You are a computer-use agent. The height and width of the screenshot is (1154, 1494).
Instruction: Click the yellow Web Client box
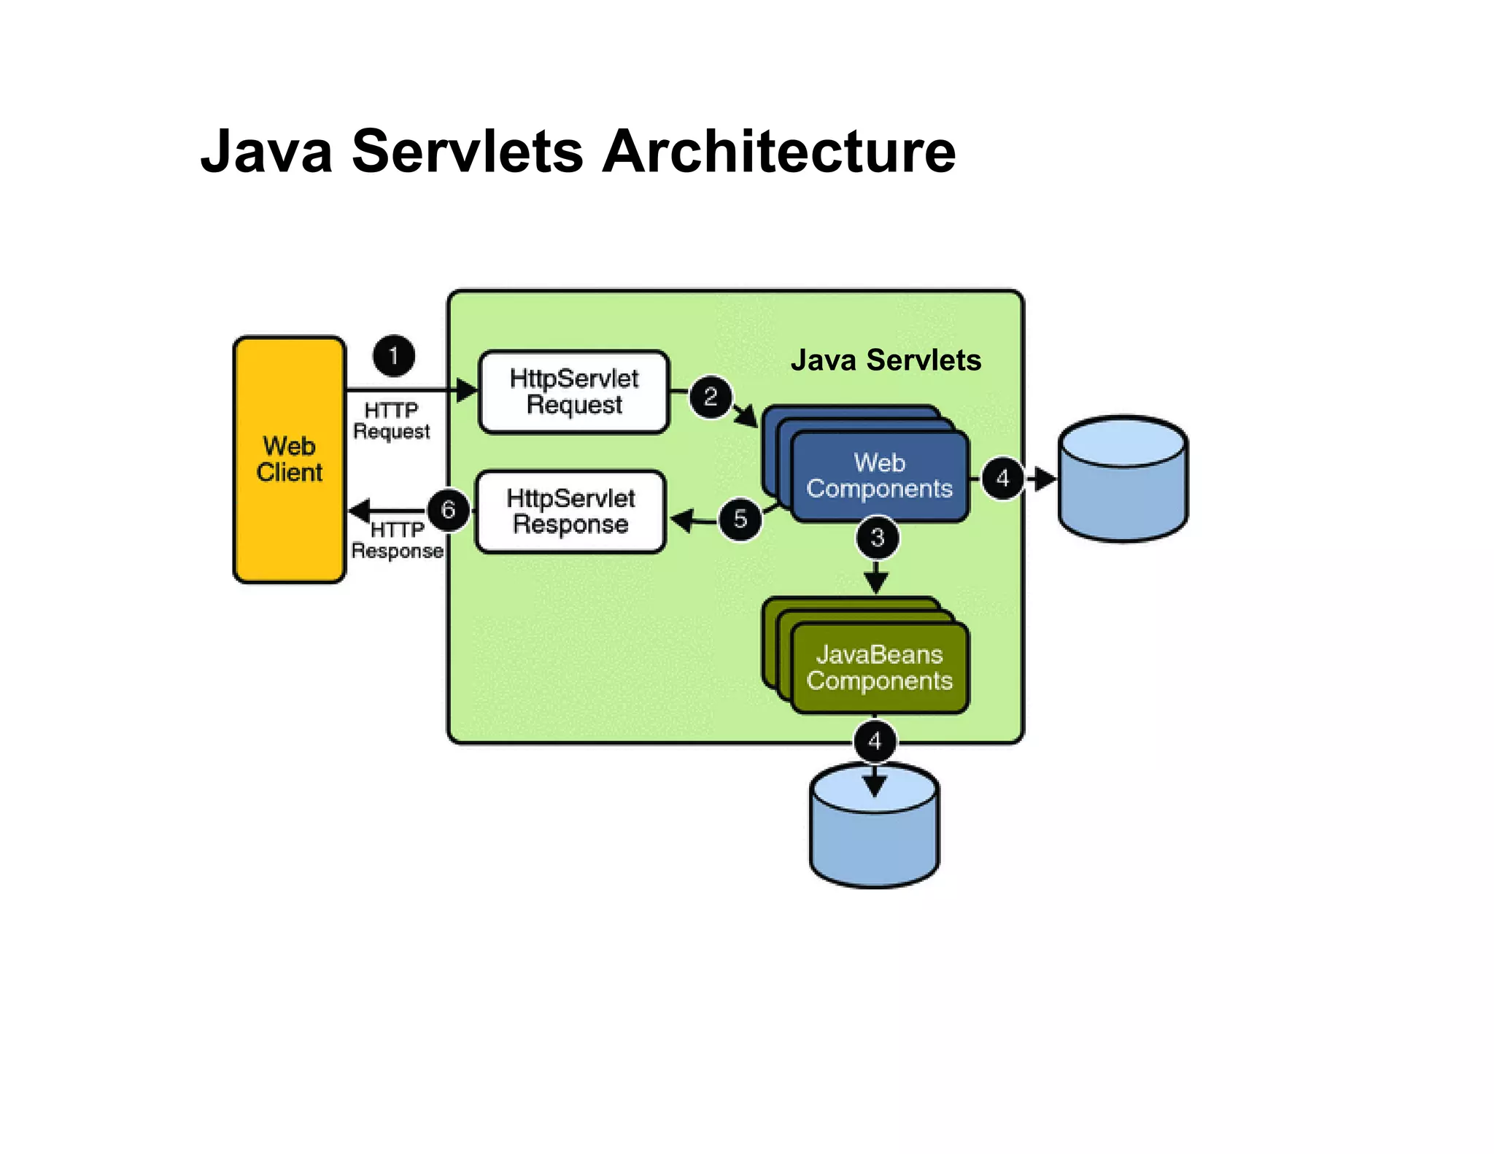pos(289,460)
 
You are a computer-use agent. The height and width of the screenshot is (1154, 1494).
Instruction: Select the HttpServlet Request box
pos(573,392)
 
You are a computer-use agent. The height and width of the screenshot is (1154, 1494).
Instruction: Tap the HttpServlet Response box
pos(570,511)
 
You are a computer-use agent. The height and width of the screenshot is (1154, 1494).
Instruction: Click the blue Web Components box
pos(879,476)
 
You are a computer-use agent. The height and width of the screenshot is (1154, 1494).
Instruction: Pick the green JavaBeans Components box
pos(879,667)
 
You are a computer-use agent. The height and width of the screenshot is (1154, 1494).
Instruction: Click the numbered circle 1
pos(394,356)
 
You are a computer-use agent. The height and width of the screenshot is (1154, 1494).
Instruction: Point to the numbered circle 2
pos(711,398)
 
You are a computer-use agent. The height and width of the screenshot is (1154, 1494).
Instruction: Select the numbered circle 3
pos(877,538)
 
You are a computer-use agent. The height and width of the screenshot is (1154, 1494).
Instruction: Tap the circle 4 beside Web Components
pos(1003,479)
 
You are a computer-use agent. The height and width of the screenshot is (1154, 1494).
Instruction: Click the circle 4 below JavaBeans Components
pos(875,742)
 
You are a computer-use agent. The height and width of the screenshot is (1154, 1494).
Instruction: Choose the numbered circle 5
pos(740,519)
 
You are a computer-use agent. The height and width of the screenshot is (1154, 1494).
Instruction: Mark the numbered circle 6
pos(448,509)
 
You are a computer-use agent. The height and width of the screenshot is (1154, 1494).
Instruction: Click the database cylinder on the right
pos(1123,479)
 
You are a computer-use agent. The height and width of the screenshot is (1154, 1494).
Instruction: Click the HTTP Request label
pos(392,421)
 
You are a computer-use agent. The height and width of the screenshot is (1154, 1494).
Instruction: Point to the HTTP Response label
pos(397,541)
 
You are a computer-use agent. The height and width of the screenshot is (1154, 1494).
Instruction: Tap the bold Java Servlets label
pos(886,360)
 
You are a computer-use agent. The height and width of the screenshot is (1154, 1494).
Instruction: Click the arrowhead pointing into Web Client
pos(360,510)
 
